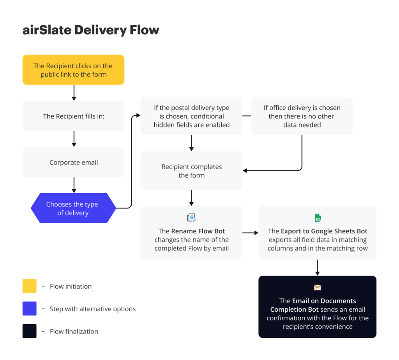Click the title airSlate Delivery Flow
[x=91, y=30]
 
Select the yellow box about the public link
[x=73, y=70]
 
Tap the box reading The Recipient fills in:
[x=73, y=116]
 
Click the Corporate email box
[x=73, y=162]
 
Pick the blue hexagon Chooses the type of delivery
[x=73, y=208]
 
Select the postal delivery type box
[x=191, y=116]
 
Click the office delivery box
[x=302, y=116]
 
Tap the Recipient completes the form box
[x=191, y=171]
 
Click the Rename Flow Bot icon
[x=191, y=217]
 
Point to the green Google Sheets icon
[x=318, y=218]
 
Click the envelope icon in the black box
[x=318, y=288]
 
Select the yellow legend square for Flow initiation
[x=30, y=286]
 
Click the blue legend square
[x=30, y=309]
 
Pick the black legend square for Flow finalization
[x=30, y=331]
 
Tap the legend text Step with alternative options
[x=93, y=309]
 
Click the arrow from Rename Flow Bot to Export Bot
[x=250, y=233]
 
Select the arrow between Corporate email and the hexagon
[x=74, y=185]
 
